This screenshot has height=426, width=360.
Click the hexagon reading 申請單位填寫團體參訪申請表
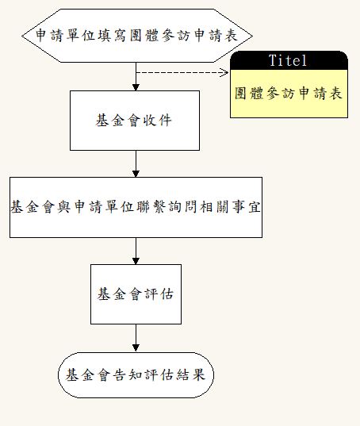click(x=137, y=36)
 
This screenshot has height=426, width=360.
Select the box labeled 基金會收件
click(x=135, y=121)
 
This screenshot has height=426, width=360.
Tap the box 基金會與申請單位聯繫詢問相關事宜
click(x=136, y=207)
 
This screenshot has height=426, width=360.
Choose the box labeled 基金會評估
click(x=136, y=294)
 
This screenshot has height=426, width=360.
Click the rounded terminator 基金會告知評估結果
click(x=136, y=375)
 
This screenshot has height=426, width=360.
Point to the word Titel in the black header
click(x=288, y=60)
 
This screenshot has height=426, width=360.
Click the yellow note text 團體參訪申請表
click(x=289, y=93)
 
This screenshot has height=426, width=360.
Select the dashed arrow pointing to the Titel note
click(x=182, y=72)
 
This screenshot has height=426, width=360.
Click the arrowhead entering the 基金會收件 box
click(x=136, y=87)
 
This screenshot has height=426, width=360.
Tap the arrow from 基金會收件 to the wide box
click(x=136, y=164)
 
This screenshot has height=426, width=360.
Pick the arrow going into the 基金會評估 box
click(x=136, y=251)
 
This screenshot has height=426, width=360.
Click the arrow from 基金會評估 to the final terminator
click(x=136, y=338)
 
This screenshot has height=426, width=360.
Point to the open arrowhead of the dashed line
click(x=224, y=72)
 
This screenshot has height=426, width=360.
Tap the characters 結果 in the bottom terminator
click(x=190, y=375)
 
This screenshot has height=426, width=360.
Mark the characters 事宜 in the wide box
click(x=247, y=207)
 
